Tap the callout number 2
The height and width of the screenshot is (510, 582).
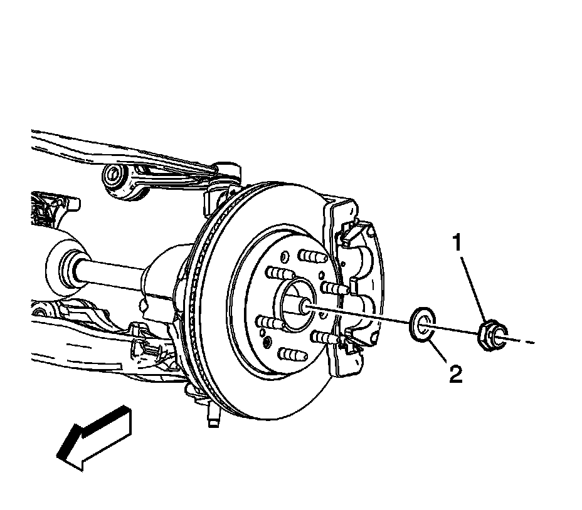coord(455,375)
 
